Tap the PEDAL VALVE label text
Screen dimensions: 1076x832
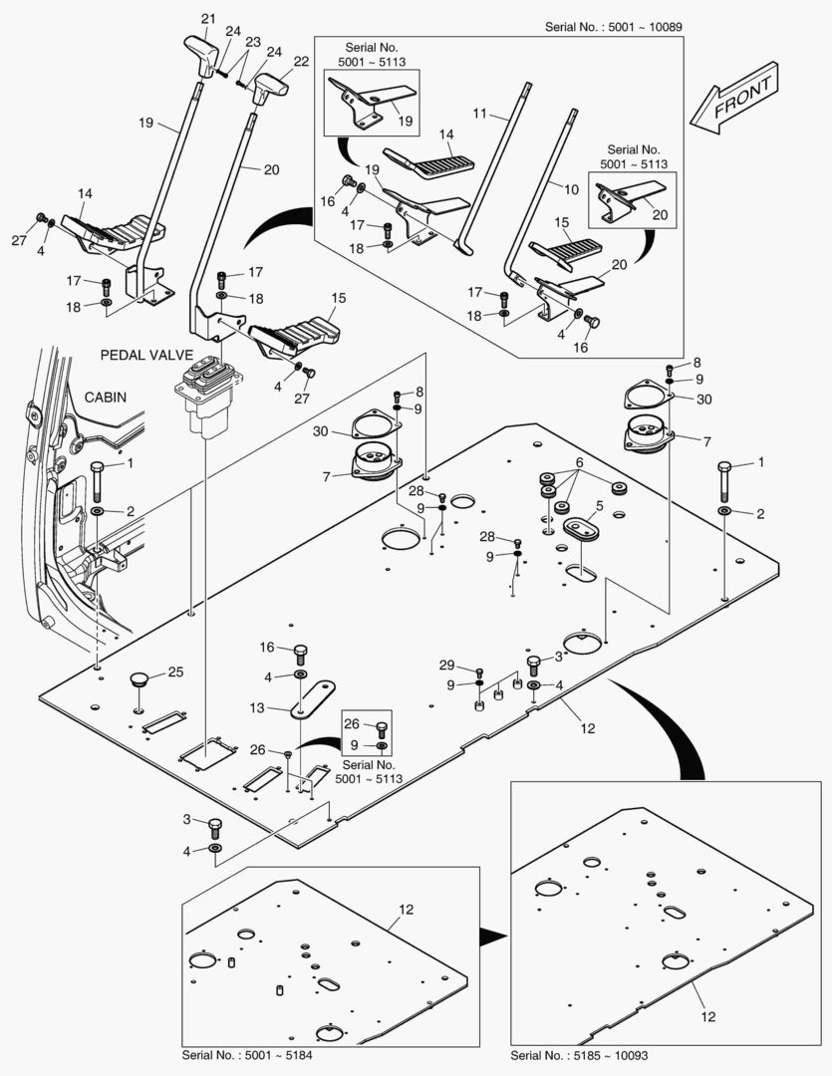(x=145, y=354)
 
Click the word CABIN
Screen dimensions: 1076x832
(x=105, y=397)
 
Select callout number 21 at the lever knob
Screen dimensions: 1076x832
(x=207, y=19)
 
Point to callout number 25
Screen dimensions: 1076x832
(x=175, y=672)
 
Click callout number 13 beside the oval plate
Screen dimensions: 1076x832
(x=257, y=707)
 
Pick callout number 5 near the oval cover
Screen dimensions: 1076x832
(x=600, y=505)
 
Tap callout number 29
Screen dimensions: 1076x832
(x=446, y=664)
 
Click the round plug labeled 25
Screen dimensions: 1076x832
(x=139, y=680)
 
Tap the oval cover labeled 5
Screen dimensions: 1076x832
(x=580, y=527)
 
